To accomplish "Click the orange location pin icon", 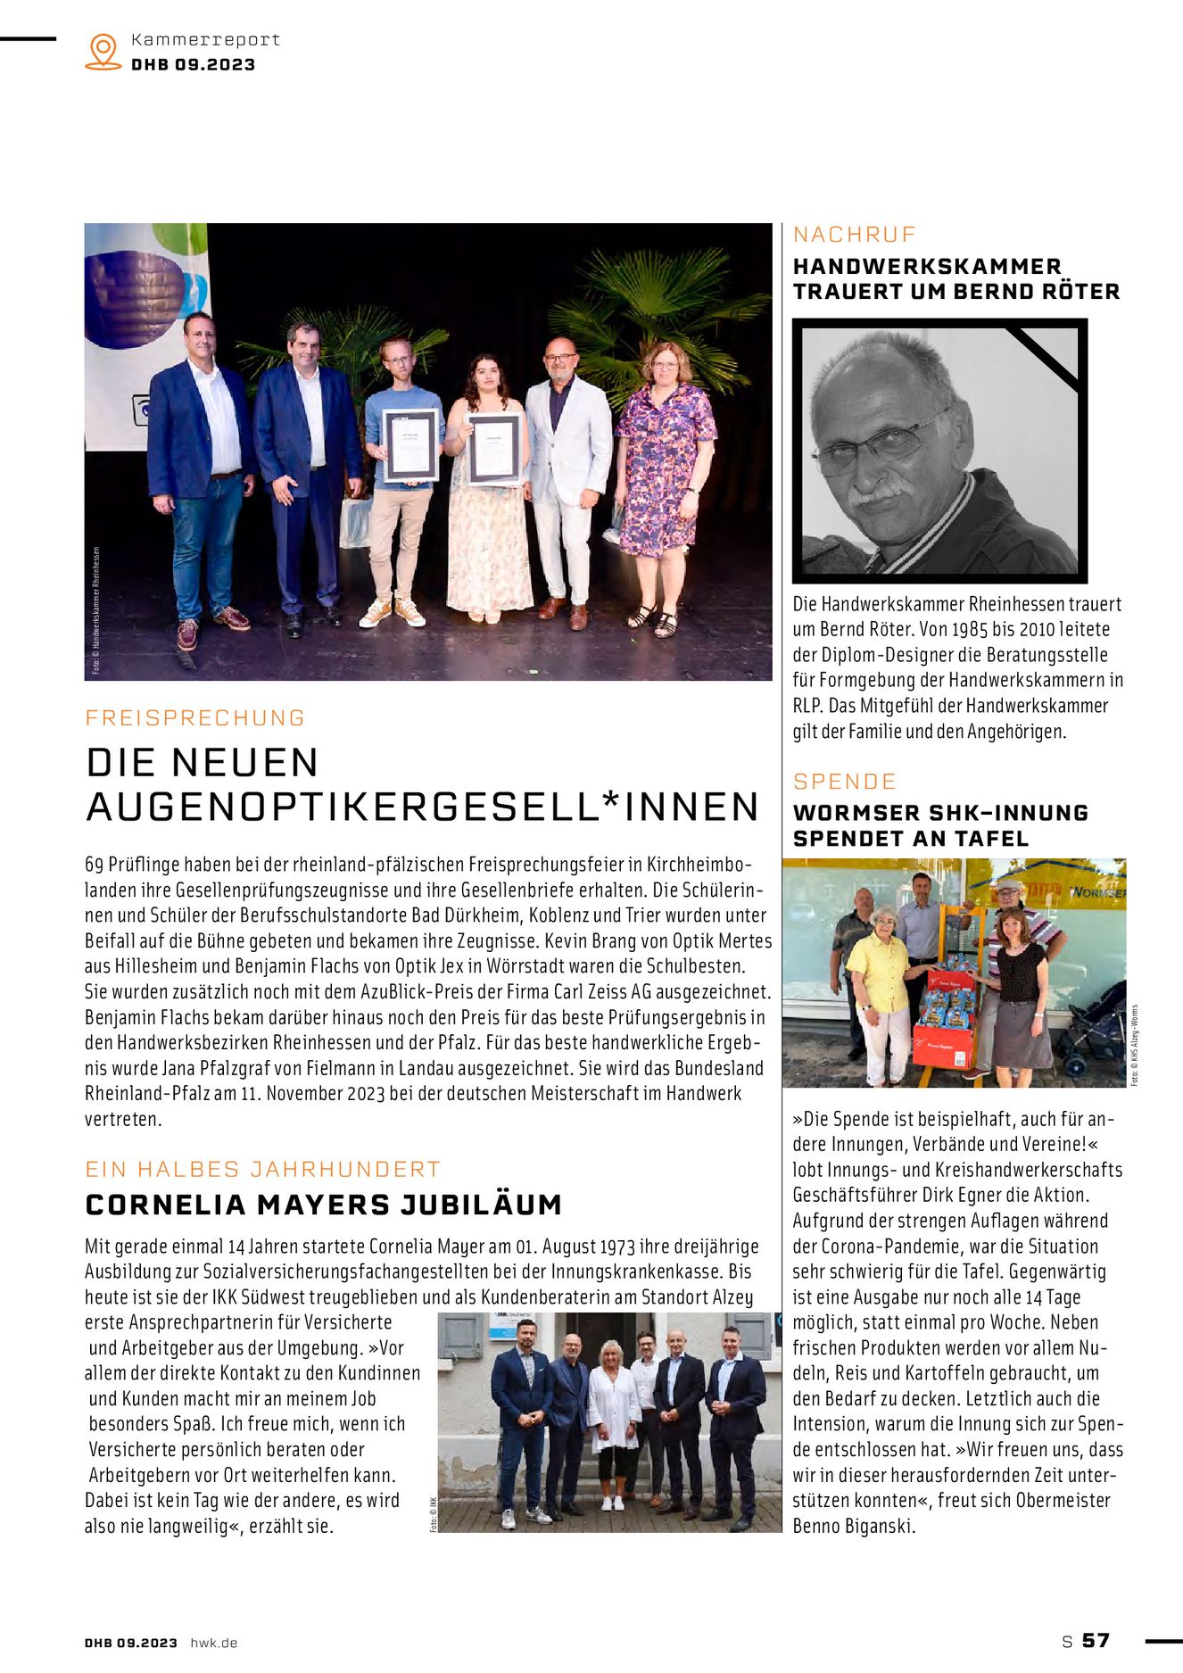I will click(x=103, y=51).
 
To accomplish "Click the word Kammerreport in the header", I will click(x=205, y=40).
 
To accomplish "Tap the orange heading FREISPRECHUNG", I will click(x=195, y=718).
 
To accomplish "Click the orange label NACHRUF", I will click(x=855, y=235).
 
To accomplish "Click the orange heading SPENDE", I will click(x=844, y=782).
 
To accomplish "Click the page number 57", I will click(x=1096, y=1641).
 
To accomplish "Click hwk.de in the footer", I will click(x=214, y=1643).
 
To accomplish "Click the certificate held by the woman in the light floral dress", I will click(x=494, y=449).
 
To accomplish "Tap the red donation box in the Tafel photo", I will click(x=942, y=1045).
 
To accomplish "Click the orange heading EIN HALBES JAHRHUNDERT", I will click(x=263, y=1170).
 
